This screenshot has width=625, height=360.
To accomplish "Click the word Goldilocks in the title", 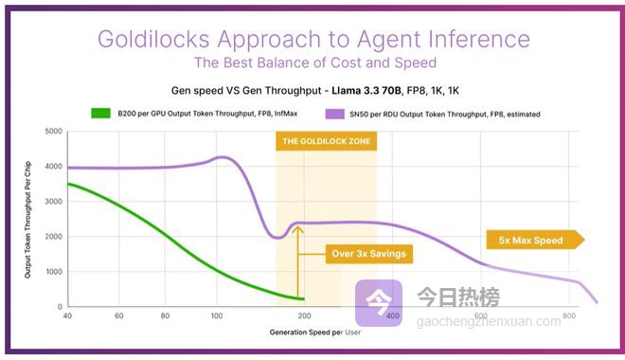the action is (x=153, y=39).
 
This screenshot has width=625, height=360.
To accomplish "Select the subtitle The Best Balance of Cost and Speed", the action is (x=315, y=63).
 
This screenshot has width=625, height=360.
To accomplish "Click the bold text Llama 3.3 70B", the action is (x=366, y=91).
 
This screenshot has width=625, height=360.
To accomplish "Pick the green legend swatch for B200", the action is (x=100, y=114).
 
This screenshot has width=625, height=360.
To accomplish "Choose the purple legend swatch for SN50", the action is (x=335, y=114).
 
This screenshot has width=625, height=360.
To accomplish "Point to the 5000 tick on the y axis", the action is (x=53, y=131).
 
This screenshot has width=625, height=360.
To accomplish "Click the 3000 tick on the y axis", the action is (x=53, y=202).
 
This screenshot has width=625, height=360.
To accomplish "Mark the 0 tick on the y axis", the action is (x=60, y=307).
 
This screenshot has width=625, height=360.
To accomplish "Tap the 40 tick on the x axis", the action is (x=67, y=315).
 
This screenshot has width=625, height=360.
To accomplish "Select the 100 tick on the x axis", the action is (x=217, y=315).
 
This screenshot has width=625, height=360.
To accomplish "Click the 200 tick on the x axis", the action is (x=304, y=315).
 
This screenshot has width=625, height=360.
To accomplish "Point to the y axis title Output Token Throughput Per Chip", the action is (x=27, y=220).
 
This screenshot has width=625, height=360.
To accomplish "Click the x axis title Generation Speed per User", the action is (x=315, y=333).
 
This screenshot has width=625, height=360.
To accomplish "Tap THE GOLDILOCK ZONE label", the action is (x=326, y=141).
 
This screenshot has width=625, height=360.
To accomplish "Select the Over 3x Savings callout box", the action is (x=369, y=254).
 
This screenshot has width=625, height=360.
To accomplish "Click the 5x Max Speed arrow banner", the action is (x=535, y=240).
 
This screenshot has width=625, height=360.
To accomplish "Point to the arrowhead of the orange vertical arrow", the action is (x=297, y=228).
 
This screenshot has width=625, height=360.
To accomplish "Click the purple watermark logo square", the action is (x=379, y=303).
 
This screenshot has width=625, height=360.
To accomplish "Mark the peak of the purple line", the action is (x=222, y=157).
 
